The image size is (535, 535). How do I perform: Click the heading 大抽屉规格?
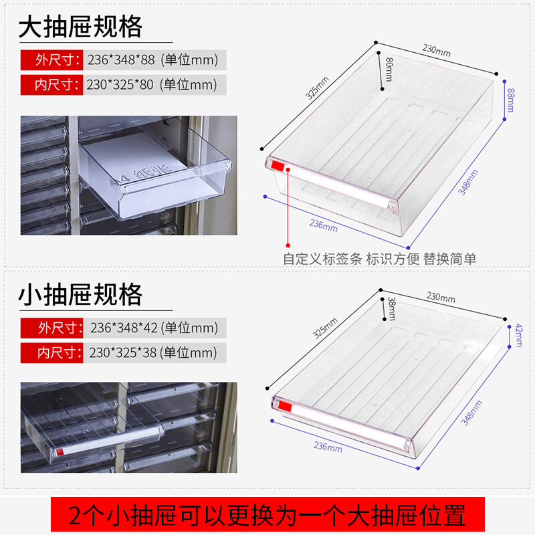point(80,27)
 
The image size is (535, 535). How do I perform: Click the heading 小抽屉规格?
point(80,294)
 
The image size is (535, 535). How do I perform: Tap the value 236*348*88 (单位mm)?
point(152,60)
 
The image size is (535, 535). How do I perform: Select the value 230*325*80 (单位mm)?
point(152,85)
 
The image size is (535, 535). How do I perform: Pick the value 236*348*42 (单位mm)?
point(154,328)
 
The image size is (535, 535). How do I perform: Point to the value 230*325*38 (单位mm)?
point(153,352)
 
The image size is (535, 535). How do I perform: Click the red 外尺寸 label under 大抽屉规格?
point(52,60)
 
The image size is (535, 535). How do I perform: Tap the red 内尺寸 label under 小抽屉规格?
point(52,352)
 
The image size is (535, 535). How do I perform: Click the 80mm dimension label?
point(389,70)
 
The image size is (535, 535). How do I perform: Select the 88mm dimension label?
point(510,100)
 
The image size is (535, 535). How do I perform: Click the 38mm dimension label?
point(392,309)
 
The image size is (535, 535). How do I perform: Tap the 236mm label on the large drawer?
point(324,225)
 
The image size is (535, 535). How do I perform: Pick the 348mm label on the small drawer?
point(471,413)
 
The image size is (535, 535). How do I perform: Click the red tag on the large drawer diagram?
point(278,167)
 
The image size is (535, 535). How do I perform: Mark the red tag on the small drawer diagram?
point(286,407)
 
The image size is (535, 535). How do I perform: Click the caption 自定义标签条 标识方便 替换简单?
point(379,259)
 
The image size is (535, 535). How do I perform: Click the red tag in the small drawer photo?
point(60,452)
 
